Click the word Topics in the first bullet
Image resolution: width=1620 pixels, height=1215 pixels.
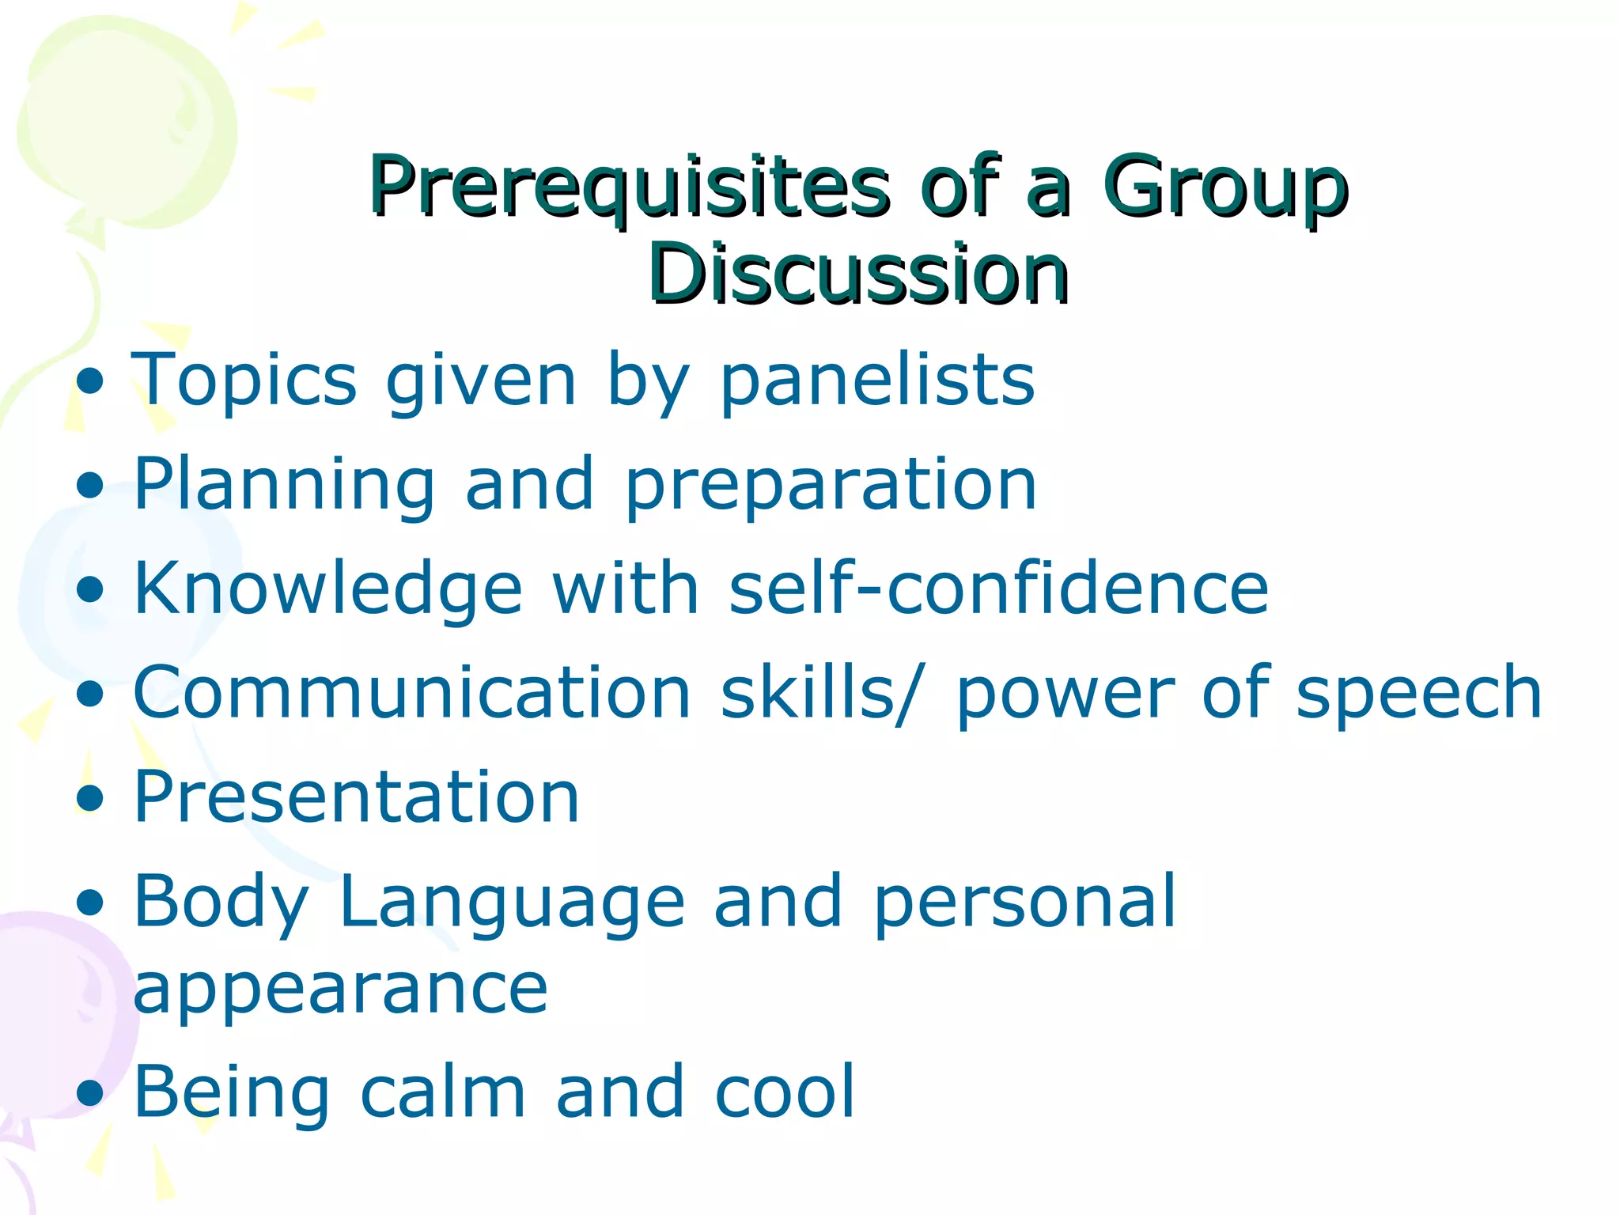pos(244,382)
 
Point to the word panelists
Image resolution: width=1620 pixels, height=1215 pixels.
pos(876,382)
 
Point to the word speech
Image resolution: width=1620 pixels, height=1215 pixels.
pos(1419,694)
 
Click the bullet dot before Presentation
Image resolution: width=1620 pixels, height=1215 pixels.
pos(91,798)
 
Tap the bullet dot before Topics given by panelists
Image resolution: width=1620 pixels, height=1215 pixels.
pos(91,381)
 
